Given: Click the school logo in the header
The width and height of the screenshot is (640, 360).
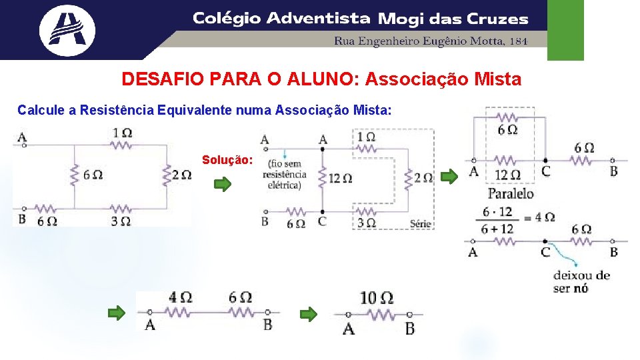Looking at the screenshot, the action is pos(67,30).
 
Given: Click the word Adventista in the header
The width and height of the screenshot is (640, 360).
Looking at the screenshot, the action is pos(318,19).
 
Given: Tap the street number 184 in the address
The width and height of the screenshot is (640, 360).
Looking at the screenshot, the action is pos(518,41).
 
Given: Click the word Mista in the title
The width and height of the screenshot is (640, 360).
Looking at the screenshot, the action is pos(496,80).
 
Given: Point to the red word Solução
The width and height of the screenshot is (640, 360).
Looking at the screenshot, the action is pos(227,161).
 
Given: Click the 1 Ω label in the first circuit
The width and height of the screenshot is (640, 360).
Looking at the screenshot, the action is pos(122,133).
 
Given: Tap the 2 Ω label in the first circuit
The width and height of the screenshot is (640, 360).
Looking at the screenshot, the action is pos(181,175).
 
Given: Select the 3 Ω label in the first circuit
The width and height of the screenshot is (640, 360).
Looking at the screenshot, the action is pos(121,221).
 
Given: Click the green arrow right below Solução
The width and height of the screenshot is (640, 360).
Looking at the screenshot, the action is pos(223,183).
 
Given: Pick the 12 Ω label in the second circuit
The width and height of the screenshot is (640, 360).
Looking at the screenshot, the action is pos(339,178).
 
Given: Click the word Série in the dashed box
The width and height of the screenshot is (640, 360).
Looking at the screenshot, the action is pos(421,223).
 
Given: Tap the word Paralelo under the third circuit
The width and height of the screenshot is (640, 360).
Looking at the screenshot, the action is pos(511,194).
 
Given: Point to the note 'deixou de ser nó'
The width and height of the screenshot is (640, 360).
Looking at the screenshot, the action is pos(581,281).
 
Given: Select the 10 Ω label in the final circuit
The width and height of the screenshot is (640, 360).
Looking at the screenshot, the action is pos(376,297).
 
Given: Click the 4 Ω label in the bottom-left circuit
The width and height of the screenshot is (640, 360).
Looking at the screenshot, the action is pos(181,297).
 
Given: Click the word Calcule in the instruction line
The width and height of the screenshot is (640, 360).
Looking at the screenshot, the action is pos(41,109).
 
